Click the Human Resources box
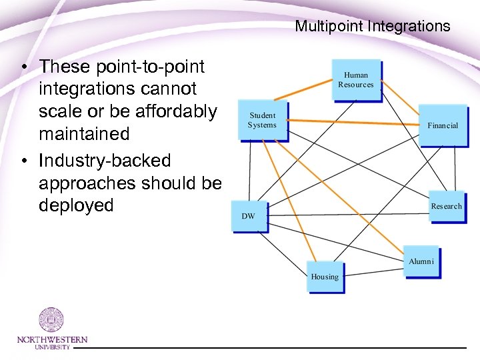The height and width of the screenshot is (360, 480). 356,80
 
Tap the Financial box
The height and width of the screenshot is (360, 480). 442,125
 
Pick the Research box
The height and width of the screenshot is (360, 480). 445,207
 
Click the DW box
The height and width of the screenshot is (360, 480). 249,216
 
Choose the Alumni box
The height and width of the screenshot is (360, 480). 421,261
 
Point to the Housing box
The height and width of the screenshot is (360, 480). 325,276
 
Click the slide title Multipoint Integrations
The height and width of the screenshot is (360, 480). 373,27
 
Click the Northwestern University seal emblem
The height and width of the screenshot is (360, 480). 51,321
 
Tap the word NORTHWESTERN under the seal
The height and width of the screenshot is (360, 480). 51,339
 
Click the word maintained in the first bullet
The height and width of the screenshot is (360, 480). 84,133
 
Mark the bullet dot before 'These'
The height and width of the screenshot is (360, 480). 23,67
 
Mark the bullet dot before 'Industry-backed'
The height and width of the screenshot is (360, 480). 23,161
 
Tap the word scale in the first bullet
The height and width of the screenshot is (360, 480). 61,111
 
